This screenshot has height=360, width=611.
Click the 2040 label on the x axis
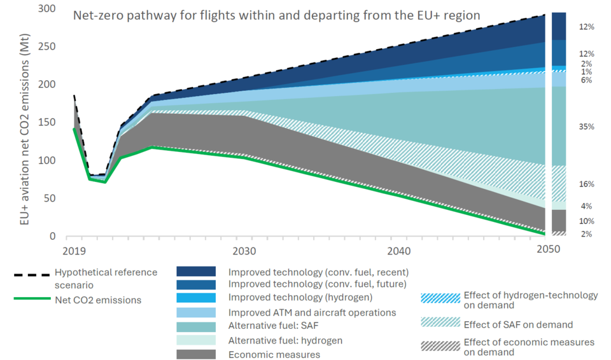point(399,249)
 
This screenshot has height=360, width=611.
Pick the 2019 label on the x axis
point(74,249)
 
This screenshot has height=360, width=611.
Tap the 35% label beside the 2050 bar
point(586,127)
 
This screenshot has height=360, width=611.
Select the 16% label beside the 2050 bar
point(586,184)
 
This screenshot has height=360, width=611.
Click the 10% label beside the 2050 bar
point(586,221)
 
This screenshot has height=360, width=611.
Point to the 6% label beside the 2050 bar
point(586,80)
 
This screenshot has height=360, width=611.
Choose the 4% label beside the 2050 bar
point(586,206)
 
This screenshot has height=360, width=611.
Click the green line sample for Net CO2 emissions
point(31,300)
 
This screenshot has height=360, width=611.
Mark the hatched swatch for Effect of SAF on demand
point(439,324)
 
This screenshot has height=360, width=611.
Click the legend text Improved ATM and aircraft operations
point(312,313)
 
